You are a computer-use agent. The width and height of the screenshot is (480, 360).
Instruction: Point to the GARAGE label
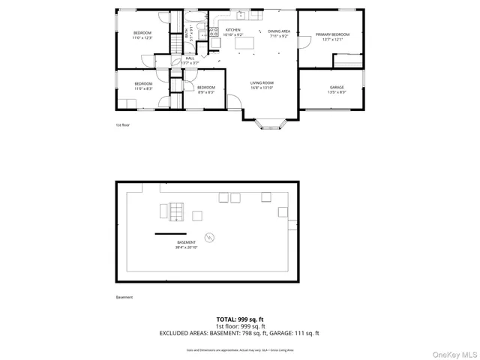pyautogui.click(x=337, y=88)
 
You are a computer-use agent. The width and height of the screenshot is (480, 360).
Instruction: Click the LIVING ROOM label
pyautogui.click(x=262, y=82)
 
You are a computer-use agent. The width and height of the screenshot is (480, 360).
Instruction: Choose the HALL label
pyautogui.click(x=190, y=58)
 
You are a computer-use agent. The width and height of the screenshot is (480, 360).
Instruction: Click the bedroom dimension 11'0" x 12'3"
pyautogui.click(x=142, y=37)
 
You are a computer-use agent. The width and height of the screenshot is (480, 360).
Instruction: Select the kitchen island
pyautogui.click(x=245, y=43)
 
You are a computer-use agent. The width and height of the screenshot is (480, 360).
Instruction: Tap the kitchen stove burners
pyautogui.click(x=213, y=31)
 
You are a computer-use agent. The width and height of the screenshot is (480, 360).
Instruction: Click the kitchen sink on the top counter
pyautogui.click(x=241, y=14)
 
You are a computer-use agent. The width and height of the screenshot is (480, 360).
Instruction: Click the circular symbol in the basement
pyautogui.click(x=210, y=238)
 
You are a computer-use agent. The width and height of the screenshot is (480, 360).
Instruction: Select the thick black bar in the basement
pyautogui.click(x=170, y=234)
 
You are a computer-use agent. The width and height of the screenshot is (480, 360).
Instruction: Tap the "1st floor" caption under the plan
pyautogui.click(x=122, y=124)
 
